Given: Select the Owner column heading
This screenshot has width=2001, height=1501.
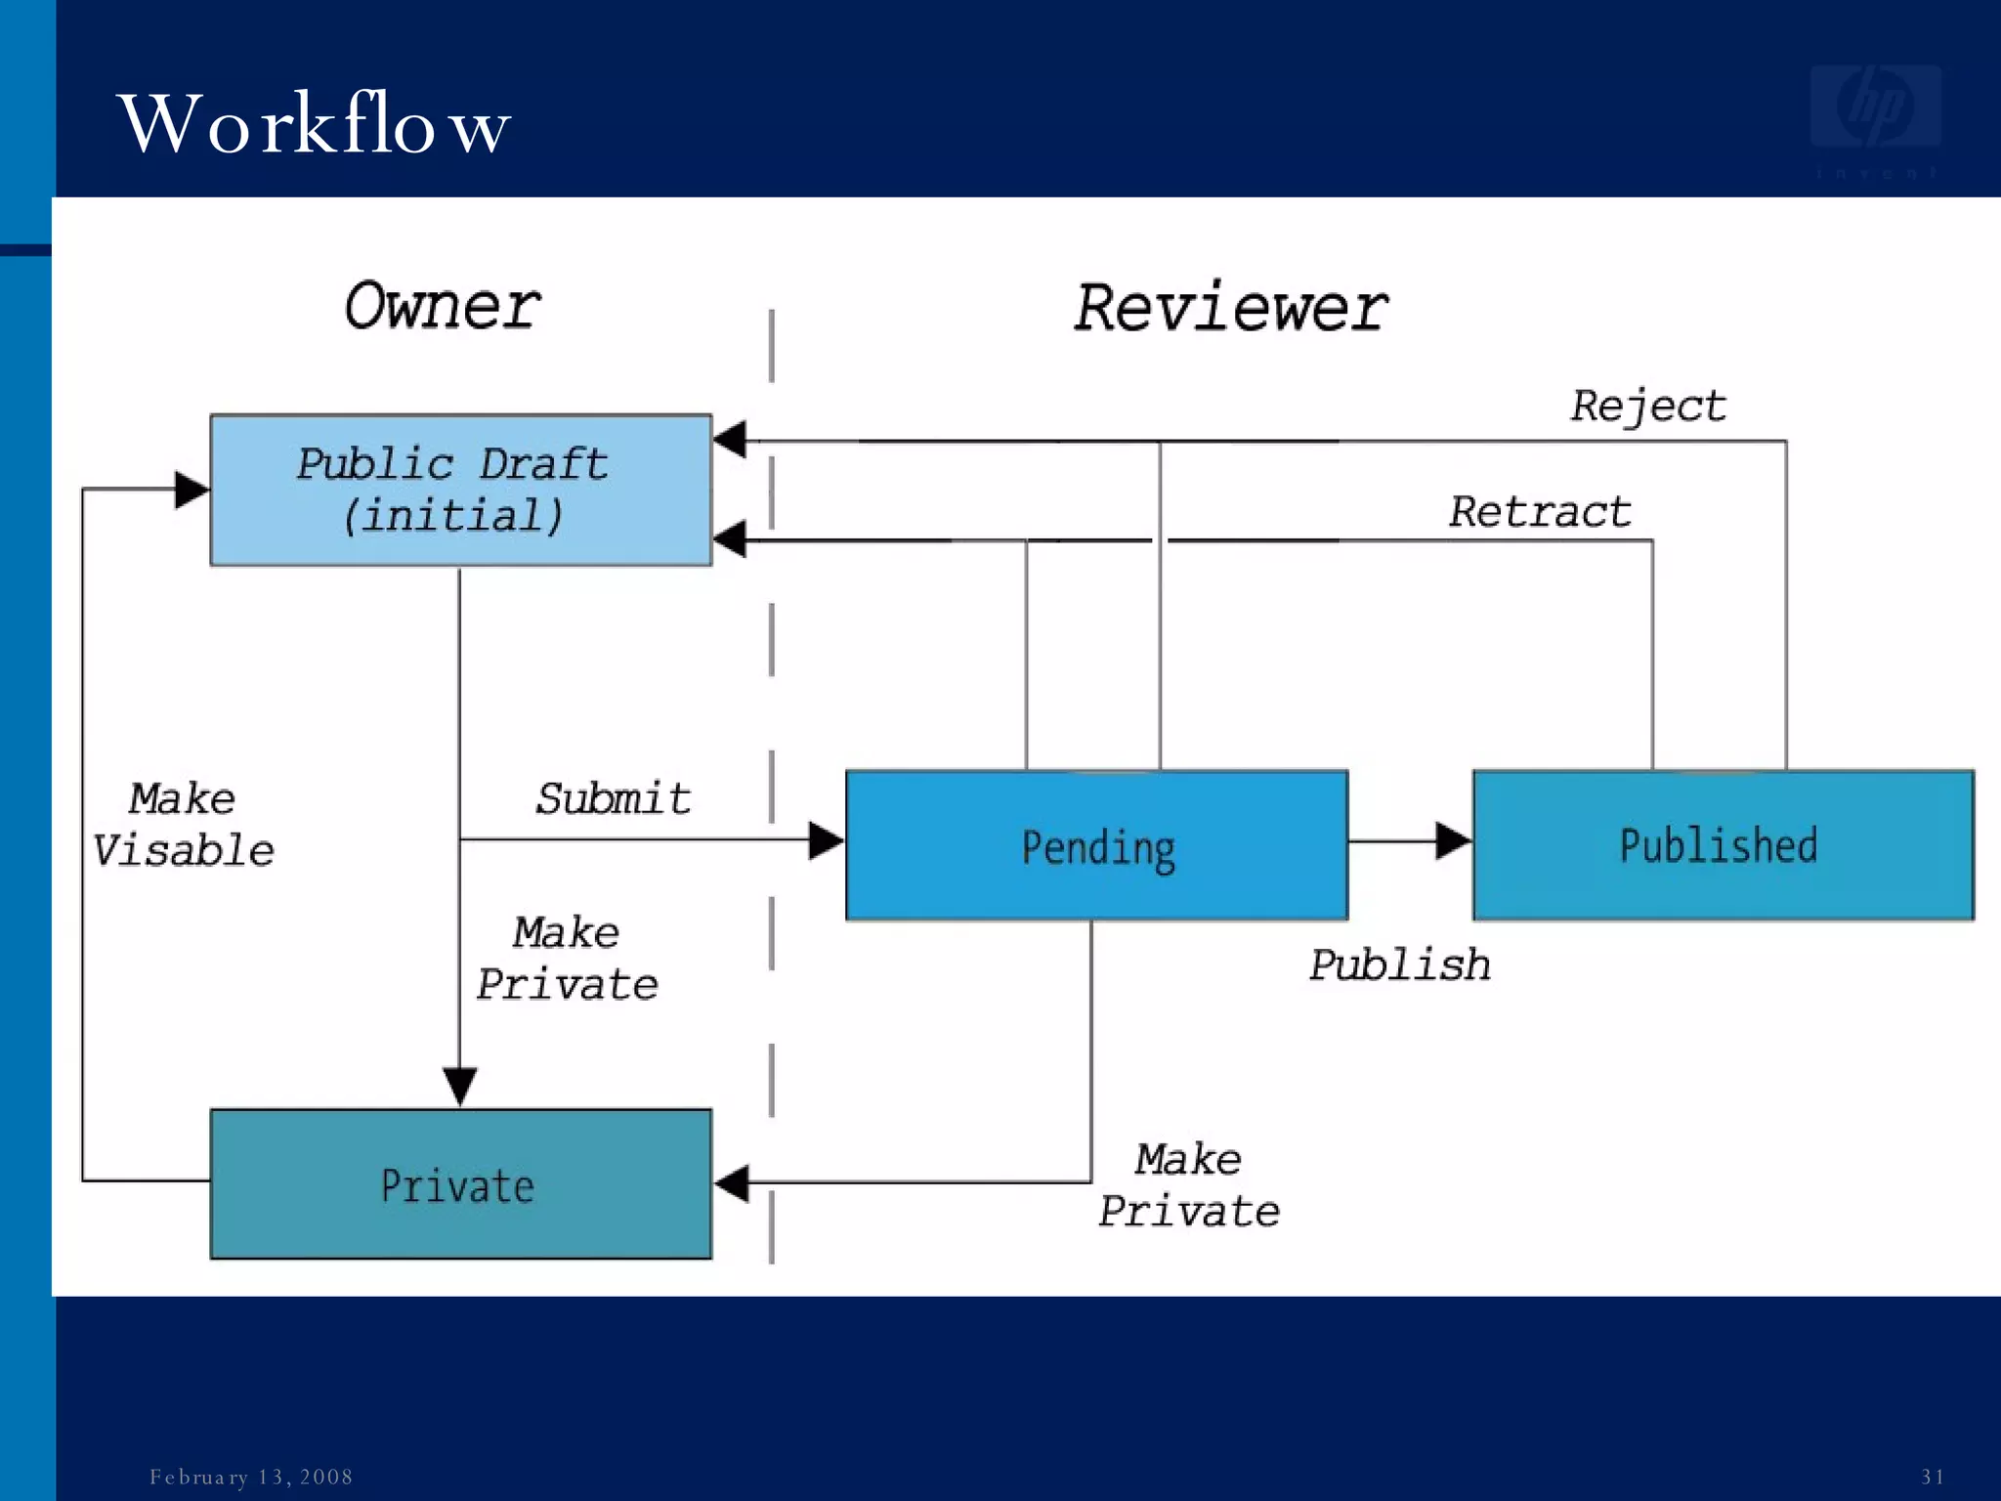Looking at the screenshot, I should tap(443, 306).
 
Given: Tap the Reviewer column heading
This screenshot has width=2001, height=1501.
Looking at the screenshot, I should tap(1230, 308).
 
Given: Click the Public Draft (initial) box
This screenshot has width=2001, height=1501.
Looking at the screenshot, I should tap(460, 490).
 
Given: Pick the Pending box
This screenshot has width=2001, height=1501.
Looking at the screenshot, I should tap(1096, 846).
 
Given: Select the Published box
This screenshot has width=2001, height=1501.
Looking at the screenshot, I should tap(1723, 846).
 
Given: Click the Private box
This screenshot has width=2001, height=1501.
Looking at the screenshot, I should tap(460, 1184).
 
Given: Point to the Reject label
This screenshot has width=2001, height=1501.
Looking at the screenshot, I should tap(1648, 406).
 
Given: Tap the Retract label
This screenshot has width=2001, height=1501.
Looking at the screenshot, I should tap(1540, 512).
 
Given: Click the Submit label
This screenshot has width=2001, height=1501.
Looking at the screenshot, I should tap(614, 799).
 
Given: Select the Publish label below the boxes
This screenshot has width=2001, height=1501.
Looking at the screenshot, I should tap(1399, 965).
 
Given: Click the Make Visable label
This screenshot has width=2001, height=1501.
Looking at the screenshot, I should tap(183, 825).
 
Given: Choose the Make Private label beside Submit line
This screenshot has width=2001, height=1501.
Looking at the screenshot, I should tap(567, 959).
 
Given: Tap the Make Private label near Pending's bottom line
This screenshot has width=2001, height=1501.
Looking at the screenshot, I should tap(1189, 1185).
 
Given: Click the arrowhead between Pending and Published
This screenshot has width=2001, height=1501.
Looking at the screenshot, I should tap(1453, 840).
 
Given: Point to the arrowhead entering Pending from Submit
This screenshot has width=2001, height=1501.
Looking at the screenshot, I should tap(826, 840).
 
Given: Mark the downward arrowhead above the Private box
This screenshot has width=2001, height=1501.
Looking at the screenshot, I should tap(460, 1086).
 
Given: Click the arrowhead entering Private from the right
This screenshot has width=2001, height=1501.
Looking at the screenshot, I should tap(732, 1183).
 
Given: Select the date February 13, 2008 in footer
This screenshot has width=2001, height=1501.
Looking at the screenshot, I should tap(251, 1477).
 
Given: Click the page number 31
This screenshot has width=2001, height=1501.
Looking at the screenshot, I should tap(1932, 1477).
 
